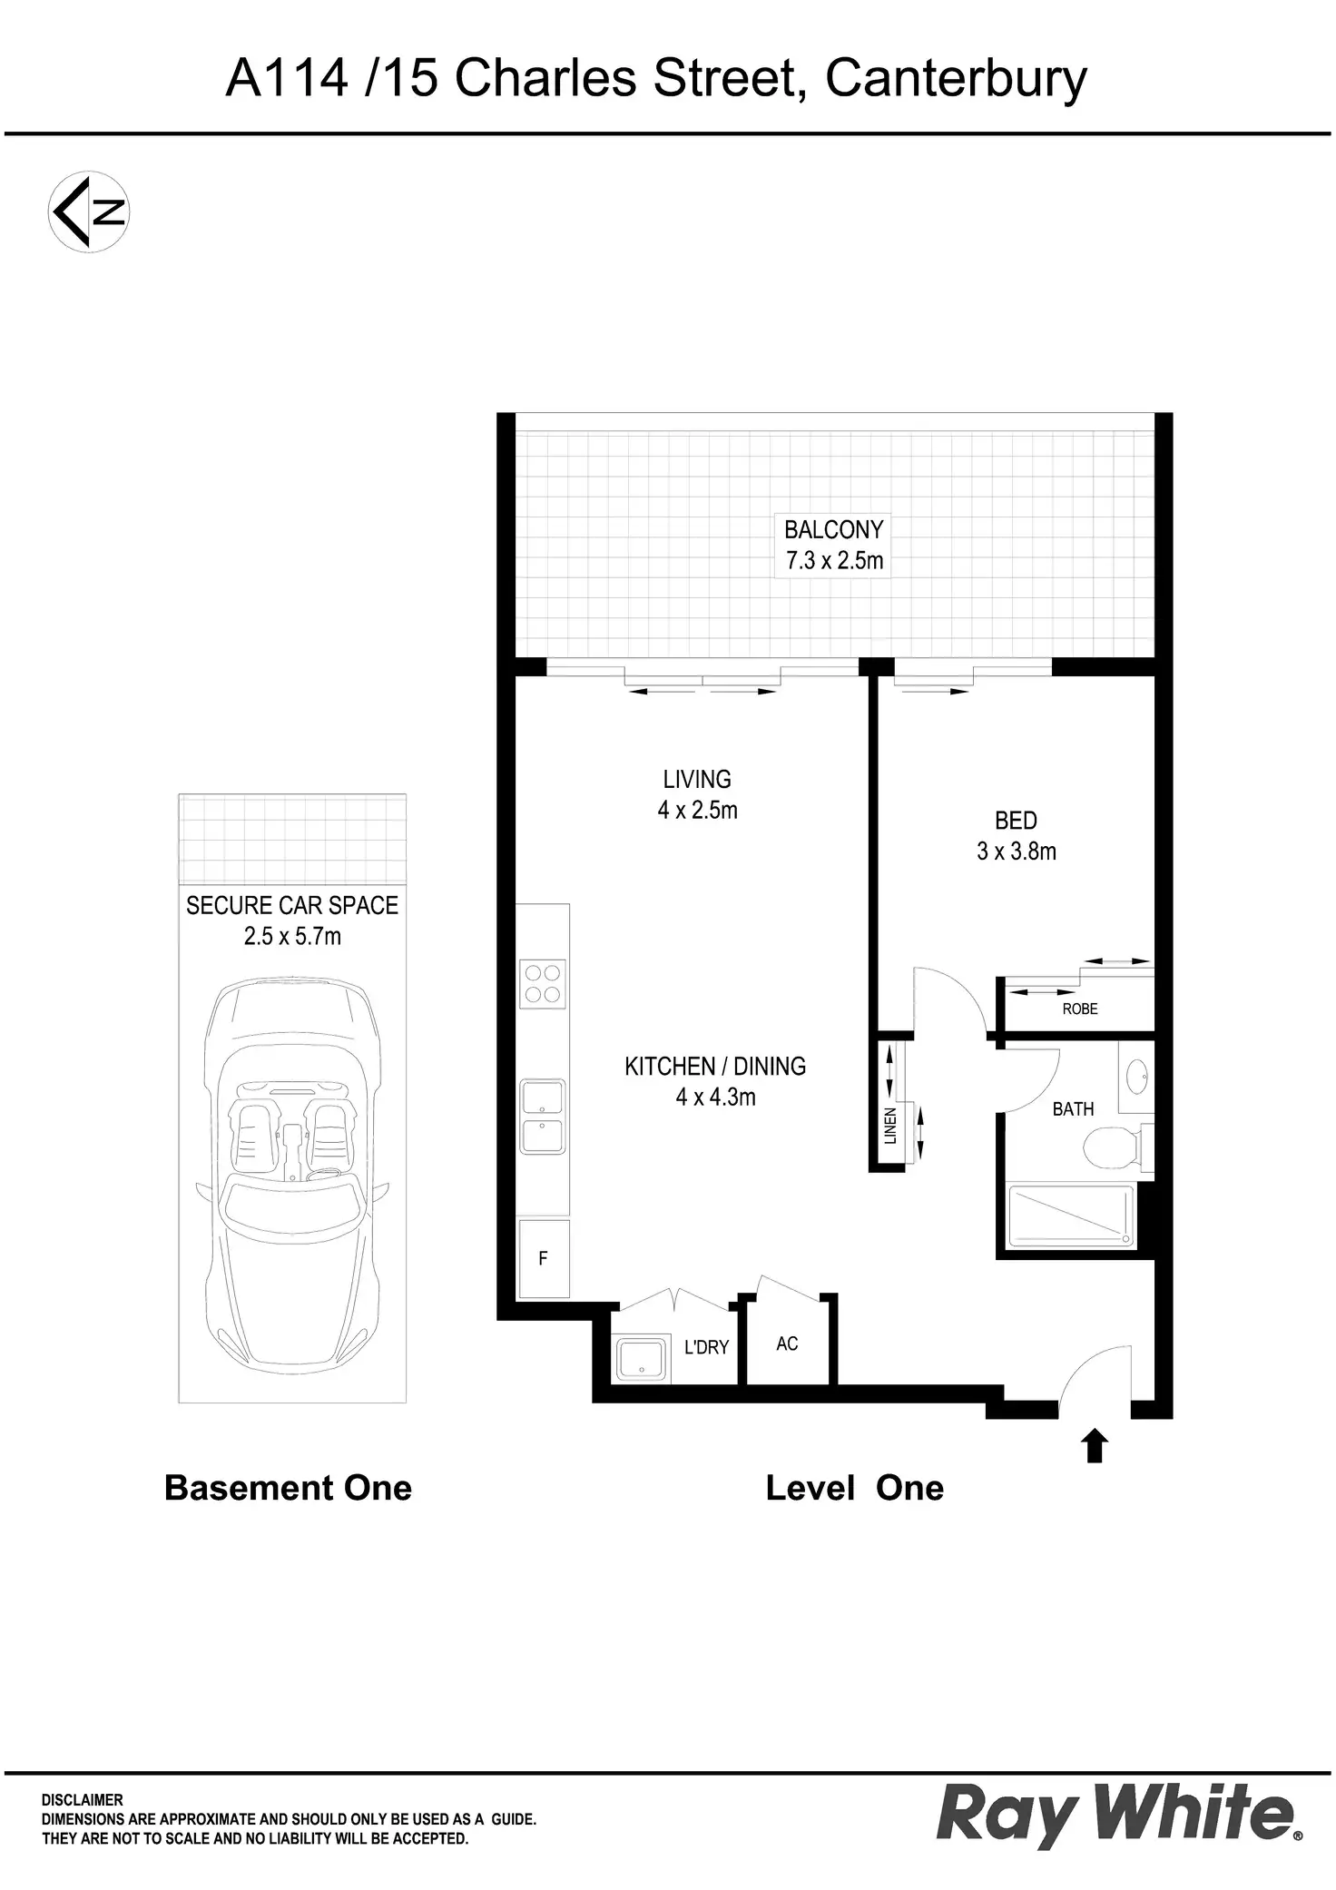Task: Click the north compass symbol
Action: tap(88, 212)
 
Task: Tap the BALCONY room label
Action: tap(833, 529)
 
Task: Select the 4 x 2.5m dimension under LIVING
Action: tap(697, 810)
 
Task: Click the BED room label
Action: tap(1016, 821)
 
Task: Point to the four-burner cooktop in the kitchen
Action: tap(543, 983)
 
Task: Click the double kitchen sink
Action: tap(542, 1117)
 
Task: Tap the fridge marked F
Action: tap(543, 1258)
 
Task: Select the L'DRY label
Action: tap(706, 1348)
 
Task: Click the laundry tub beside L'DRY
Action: tap(642, 1358)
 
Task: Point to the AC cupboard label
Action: tap(787, 1344)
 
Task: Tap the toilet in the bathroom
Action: tap(1109, 1147)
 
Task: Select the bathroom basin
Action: tap(1136, 1078)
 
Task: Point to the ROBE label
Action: tap(1080, 1009)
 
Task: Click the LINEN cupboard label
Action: tap(890, 1126)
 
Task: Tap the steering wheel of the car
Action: tap(322, 1176)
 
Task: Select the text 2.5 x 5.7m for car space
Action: tap(292, 936)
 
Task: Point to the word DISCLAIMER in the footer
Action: tap(83, 1800)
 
